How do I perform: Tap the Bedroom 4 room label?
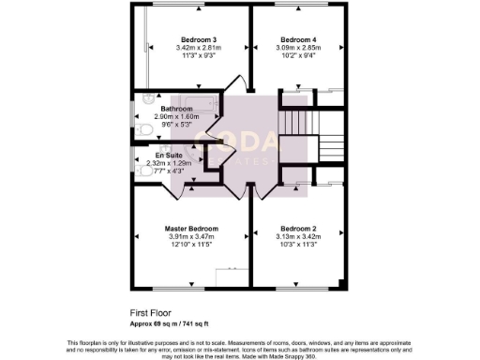click(x=299, y=39)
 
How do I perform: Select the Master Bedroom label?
click(x=192, y=229)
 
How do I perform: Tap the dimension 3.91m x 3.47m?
click(x=192, y=237)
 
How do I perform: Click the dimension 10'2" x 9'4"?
click(x=299, y=56)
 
